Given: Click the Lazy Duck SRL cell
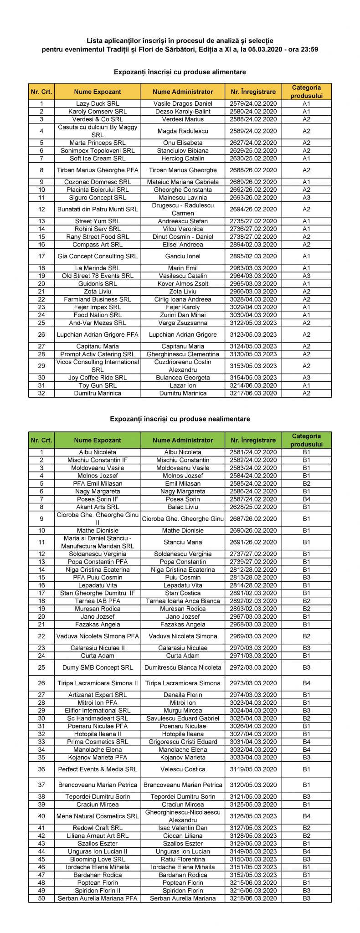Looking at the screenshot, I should [x=98, y=103].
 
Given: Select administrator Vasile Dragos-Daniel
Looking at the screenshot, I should [x=183, y=103].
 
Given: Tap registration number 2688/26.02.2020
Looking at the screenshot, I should [x=253, y=170].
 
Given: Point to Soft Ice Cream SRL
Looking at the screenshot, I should [x=98, y=159].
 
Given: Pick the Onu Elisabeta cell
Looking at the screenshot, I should [x=183, y=143].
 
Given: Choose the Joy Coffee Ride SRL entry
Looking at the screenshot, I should [x=98, y=378].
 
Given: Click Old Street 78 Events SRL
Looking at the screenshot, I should [x=98, y=276].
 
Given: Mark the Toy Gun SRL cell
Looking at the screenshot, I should [x=98, y=385].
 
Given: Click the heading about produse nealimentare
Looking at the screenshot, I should [x=180, y=419].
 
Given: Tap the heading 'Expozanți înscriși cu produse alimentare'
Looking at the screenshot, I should [x=180, y=72].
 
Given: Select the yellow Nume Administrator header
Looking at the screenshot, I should [x=183, y=92].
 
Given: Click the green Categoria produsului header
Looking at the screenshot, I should [x=306, y=440].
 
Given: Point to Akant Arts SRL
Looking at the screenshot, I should [x=98, y=507].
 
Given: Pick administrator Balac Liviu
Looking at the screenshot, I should [x=183, y=507].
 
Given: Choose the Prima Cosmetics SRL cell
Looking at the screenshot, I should [x=98, y=742].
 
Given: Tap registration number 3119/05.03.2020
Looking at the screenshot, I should [x=253, y=769].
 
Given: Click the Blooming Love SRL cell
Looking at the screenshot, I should [x=98, y=859].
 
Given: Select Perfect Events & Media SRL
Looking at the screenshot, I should [x=98, y=769].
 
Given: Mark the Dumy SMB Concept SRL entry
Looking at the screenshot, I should [x=98, y=667].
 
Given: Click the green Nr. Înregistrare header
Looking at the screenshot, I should [x=253, y=440].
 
